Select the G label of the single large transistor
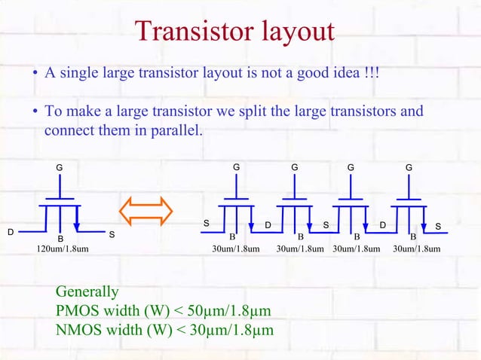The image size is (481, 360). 60,166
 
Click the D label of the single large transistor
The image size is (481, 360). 11,232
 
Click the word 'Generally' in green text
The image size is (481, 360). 87,292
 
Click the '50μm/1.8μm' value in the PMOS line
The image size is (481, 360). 232,311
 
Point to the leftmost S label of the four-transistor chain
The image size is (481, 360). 207,224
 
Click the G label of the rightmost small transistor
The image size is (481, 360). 409,166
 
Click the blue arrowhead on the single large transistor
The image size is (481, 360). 78,226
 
